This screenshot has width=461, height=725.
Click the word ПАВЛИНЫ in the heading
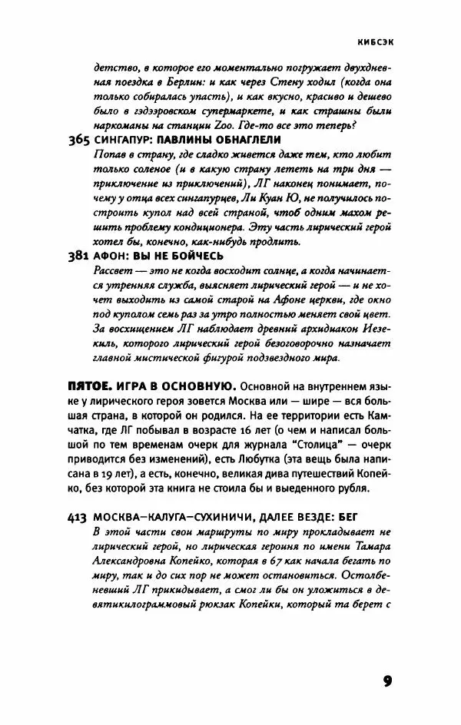pyautogui.click(x=190, y=140)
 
